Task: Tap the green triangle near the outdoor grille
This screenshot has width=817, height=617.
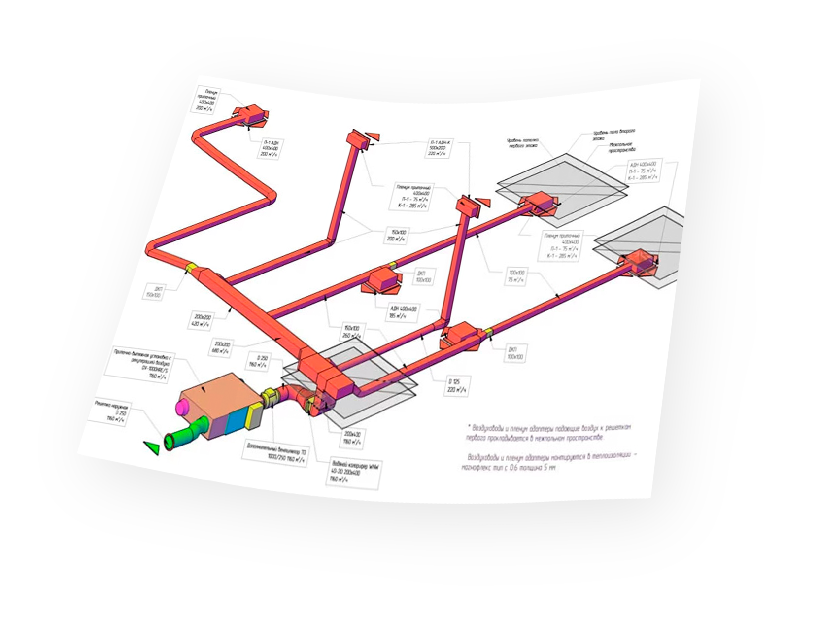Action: [152, 447]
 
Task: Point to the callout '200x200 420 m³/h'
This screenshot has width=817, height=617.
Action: [202, 320]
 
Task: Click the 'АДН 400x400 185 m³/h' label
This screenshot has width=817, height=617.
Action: [403, 312]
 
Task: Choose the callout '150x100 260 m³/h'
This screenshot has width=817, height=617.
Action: [351, 332]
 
